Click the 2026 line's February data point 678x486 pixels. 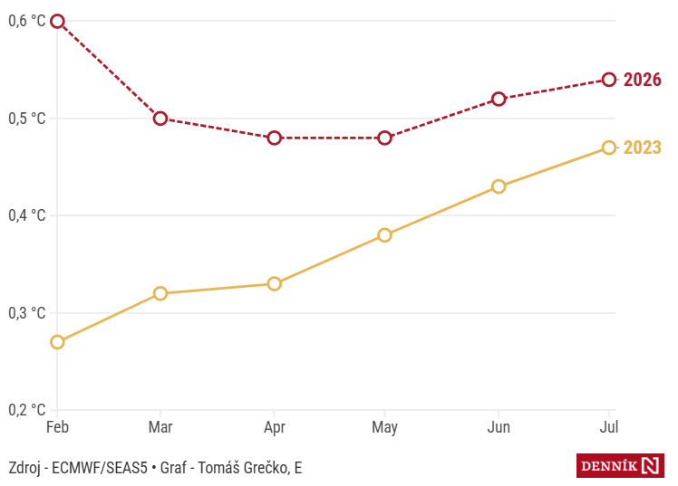57,21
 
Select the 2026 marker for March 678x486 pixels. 160,119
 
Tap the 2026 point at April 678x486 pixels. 275,138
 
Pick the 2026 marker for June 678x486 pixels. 499,99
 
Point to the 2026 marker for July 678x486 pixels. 609,80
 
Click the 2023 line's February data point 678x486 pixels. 57,342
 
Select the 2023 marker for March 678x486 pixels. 160,293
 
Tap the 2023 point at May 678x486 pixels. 385,235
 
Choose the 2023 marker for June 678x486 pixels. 499,186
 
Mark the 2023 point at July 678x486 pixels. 609,148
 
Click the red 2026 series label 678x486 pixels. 643,80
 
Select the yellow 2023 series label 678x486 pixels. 643,148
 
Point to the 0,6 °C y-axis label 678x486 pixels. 26,21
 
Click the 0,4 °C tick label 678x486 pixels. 26,215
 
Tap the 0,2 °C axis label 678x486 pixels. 26,410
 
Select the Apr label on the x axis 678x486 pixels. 275,425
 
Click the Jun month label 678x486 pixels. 499,425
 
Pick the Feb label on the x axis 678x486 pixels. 57,425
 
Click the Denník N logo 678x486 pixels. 621,466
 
